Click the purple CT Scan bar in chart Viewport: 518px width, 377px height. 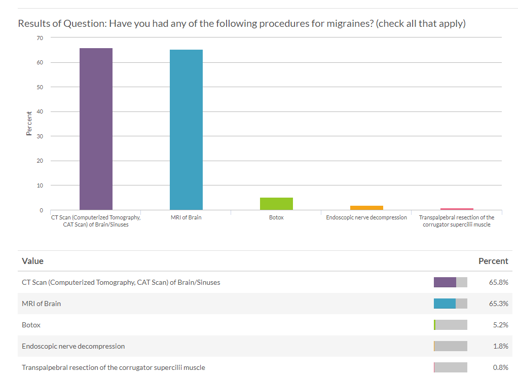coord(96,129)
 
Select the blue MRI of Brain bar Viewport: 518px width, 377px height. coord(186,130)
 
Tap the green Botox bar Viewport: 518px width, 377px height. coord(276,204)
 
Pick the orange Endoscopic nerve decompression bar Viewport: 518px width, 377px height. coord(366,208)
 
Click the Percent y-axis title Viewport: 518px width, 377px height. coord(29,124)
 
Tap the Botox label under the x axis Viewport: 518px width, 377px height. coord(276,217)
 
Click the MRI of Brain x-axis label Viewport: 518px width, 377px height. coord(186,217)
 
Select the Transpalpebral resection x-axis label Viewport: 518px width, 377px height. coord(457,221)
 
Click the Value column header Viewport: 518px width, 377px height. coord(33,261)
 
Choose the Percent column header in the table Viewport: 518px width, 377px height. coord(493,261)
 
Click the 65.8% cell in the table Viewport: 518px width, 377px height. coord(498,282)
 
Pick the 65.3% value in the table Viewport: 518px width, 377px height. coord(498,304)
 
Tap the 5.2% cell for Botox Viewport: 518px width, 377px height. coord(500,325)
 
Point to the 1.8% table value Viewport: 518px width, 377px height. coord(500,346)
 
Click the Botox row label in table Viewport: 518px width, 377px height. coord(31,325)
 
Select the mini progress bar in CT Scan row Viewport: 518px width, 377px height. coord(450,282)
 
